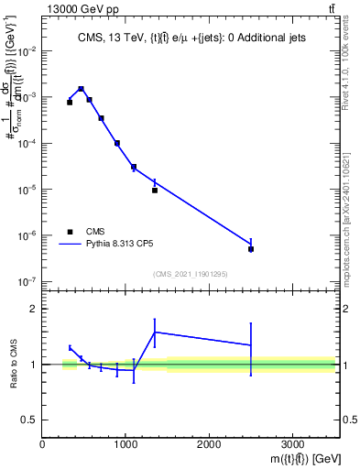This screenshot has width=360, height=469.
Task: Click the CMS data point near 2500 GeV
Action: pos(251,249)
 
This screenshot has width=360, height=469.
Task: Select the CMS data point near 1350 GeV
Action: pos(155,191)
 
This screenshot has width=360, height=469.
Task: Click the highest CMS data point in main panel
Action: pos(82,90)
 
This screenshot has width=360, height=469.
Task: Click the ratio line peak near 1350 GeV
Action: pos(155,332)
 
